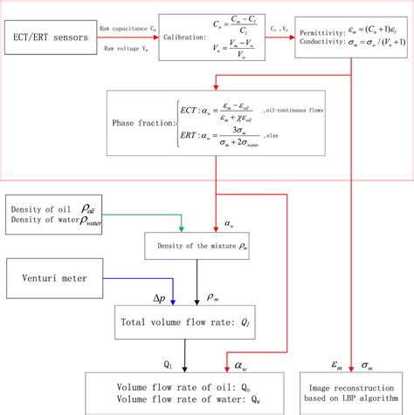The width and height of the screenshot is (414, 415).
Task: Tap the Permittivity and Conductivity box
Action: pyautogui.click(x=349, y=40)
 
